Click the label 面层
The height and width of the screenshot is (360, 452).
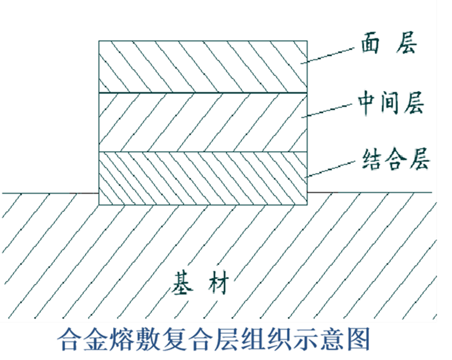pyautogui.click(x=389, y=43)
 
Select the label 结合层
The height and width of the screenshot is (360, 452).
pyautogui.click(x=396, y=159)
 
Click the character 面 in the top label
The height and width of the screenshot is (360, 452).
pyautogui.click(x=370, y=43)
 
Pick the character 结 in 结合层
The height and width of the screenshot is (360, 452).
pyautogui.click(x=372, y=159)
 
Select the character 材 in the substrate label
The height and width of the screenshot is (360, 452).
pyautogui.click(x=219, y=283)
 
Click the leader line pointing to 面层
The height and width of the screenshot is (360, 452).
pyautogui.click(x=329, y=55)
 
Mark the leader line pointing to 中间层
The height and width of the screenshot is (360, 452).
pyautogui.click(x=329, y=110)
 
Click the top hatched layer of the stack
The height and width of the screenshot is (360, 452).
pyautogui.click(x=203, y=67)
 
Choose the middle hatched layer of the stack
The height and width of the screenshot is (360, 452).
pyautogui.click(x=203, y=122)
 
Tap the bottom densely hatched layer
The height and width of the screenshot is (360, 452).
pyautogui.click(x=203, y=178)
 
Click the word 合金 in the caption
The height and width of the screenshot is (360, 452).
pyautogui.click(x=83, y=339)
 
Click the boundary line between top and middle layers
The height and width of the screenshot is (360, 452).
pyautogui.click(x=203, y=93)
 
